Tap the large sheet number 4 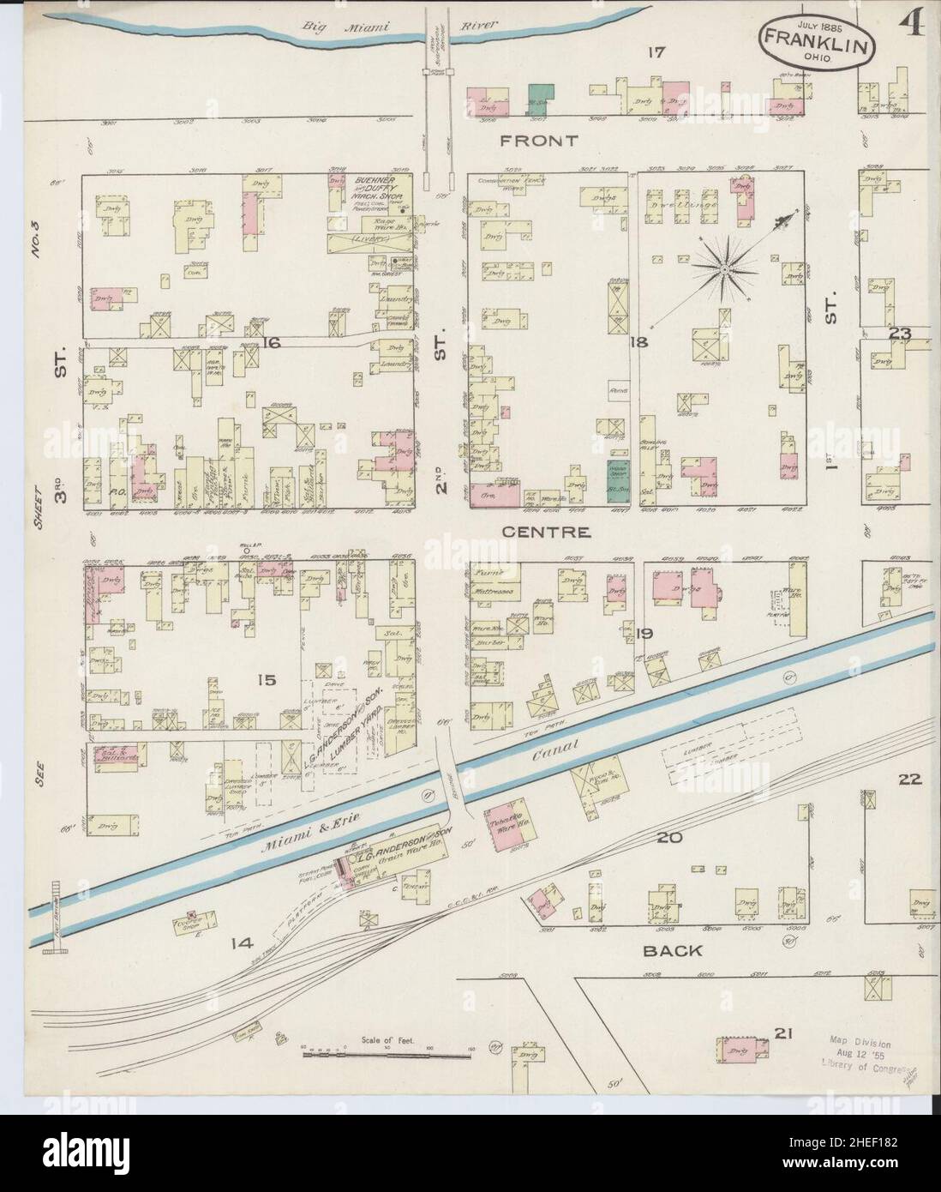click(911, 26)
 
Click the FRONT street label click(541, 140)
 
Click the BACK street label click(671, 950)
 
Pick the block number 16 click(273, 343)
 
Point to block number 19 click(644, 634)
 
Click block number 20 click(668, 837)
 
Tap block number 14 click(243, 943)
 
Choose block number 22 click(909, 780)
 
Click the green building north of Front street click(539, 99)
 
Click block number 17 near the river click(656, 53)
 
